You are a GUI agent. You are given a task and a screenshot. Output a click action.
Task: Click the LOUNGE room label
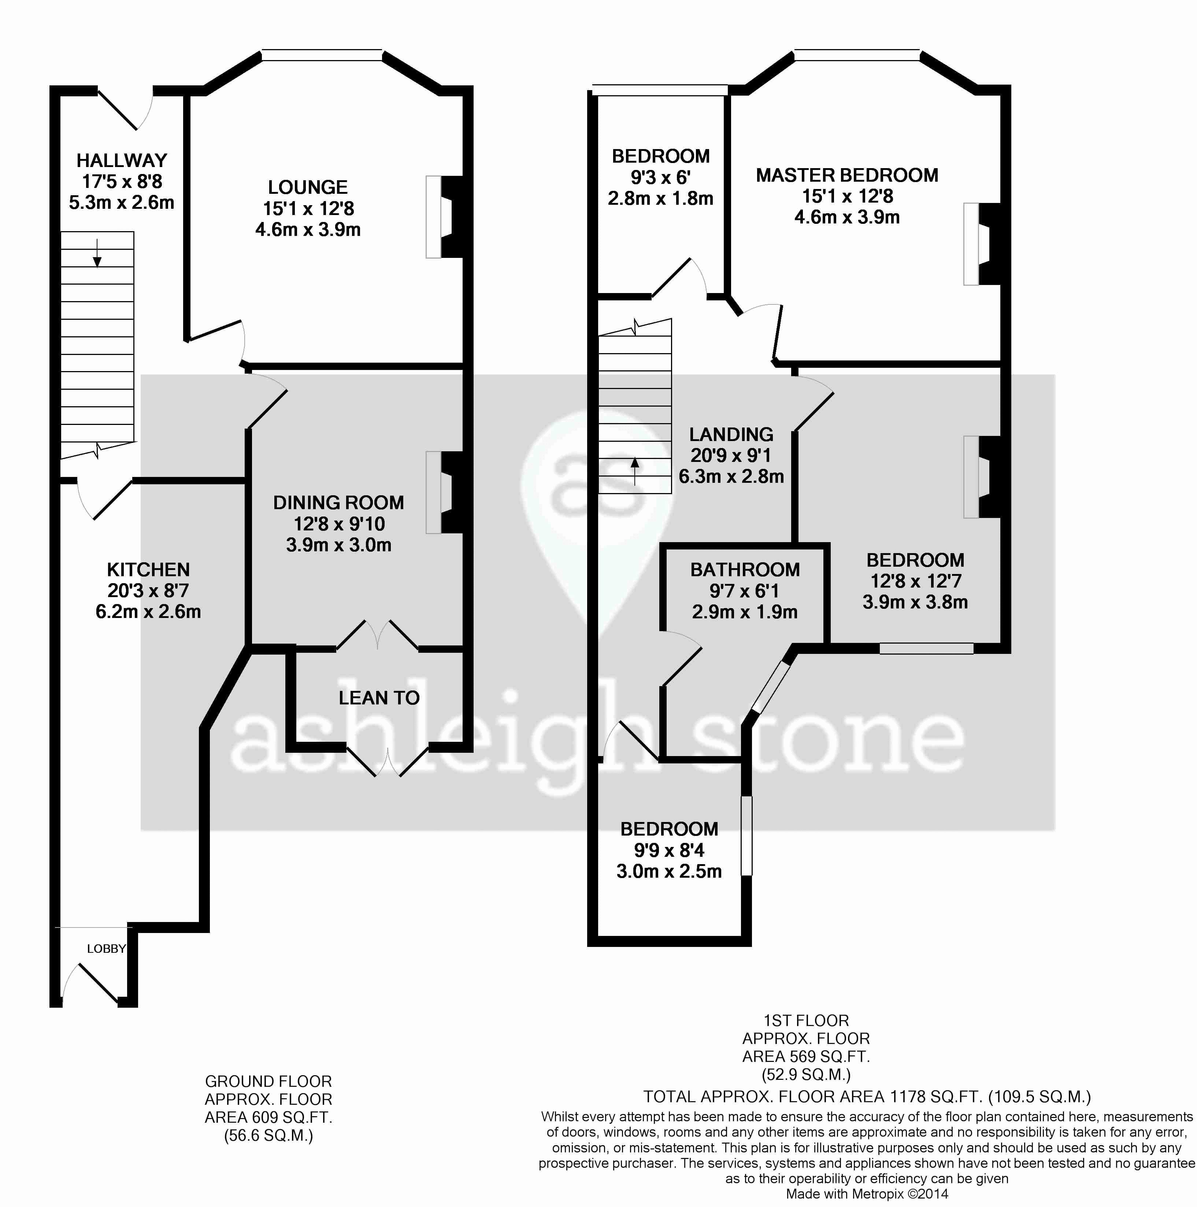pos(308,188)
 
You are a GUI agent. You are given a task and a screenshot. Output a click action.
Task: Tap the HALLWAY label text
pos(122,160)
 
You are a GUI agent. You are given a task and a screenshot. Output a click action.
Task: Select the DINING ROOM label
pos(338,503)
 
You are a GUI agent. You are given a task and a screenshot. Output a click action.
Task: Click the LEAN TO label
pos(379,698)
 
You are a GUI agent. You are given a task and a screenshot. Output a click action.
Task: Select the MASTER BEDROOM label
pos(847,175)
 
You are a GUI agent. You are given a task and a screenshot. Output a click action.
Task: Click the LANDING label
pos(731,435)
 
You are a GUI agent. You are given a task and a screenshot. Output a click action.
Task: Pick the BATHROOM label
pos(745,570)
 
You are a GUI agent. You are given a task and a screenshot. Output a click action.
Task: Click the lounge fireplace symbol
pos(444,217)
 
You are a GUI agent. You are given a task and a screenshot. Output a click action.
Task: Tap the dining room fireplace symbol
pos(444,492)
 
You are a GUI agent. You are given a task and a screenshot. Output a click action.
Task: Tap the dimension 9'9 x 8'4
pos(669,850)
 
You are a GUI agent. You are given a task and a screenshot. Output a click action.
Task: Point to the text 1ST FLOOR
pos(806,1021)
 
